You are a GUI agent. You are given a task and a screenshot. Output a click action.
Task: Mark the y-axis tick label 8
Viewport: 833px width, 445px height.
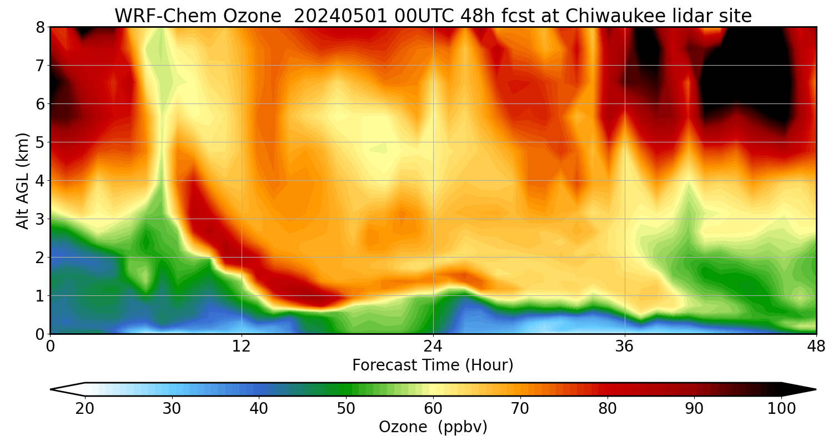point(40,27)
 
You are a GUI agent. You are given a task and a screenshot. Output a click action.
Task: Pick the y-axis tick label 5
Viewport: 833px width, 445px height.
point(40,142)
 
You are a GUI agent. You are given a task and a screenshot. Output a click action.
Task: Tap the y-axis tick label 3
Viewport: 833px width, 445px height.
point(40,219)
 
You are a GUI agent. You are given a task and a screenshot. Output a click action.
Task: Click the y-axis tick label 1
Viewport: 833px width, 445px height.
point(40,296)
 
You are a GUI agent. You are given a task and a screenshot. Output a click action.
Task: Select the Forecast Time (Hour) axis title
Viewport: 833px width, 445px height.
point(433,365)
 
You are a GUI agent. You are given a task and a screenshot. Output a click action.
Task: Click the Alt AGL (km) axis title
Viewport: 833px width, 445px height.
point(23,181)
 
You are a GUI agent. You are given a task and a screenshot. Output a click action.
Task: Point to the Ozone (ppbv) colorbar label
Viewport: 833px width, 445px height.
point(433,427)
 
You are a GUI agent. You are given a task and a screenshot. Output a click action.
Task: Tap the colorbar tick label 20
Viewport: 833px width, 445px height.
point(84,409)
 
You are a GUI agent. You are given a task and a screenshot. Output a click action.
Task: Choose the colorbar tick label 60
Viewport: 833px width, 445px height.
point(433,409)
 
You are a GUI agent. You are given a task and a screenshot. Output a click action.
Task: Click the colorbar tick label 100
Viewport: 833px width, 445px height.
point(781,409)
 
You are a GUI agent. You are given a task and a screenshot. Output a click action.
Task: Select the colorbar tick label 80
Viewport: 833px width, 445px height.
point(608,409)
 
